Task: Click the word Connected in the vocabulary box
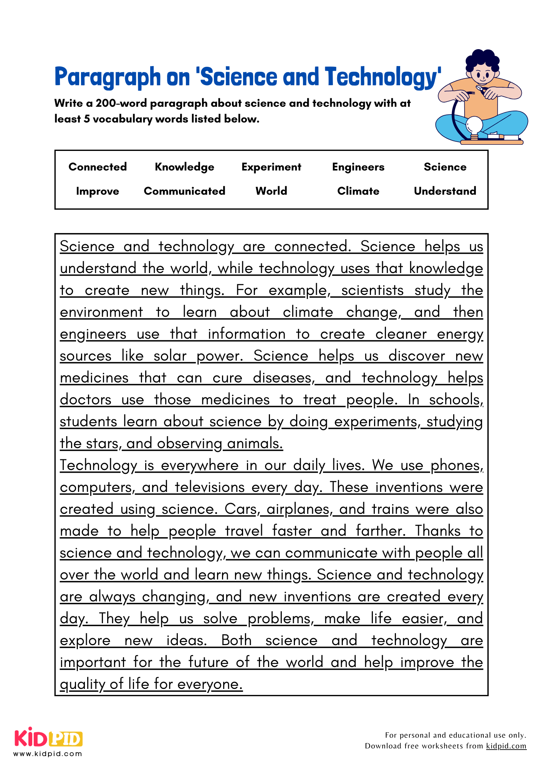click(98, 167)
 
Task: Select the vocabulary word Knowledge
click(184, 167)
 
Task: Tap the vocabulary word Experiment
click(271, 167)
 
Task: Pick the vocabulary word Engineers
click(358, 167)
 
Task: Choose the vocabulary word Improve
click(98, 191)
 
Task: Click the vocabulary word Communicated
click(184, 191)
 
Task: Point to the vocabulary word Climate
click(358, 191)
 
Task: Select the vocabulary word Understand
click(445, 191)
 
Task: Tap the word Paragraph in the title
click(108, 77)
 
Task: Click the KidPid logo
click(48, 738)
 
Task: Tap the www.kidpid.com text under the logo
click(48, 754)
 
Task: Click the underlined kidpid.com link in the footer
click(506, 746)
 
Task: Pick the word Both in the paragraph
click(236, 641)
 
